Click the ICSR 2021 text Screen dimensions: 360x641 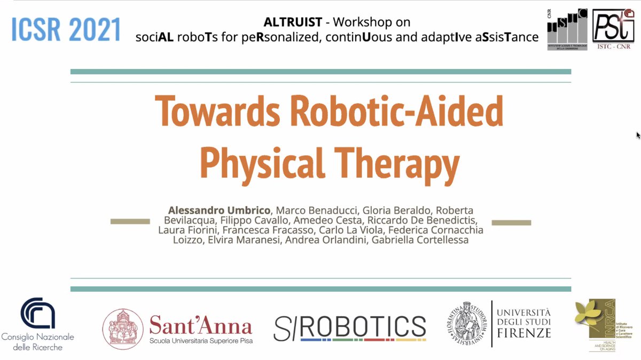pos(66,29)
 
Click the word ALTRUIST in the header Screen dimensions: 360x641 pos(293,22)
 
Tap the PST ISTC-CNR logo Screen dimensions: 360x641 pos(613,30)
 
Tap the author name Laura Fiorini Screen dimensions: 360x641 pos(187,230)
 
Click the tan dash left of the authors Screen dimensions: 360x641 pos(130,221)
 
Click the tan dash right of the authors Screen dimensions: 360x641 pos(511,222)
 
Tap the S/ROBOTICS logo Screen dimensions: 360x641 pos(350,328)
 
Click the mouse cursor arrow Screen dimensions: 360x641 pos(638,135)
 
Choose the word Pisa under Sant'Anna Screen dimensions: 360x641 pos(245,340)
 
